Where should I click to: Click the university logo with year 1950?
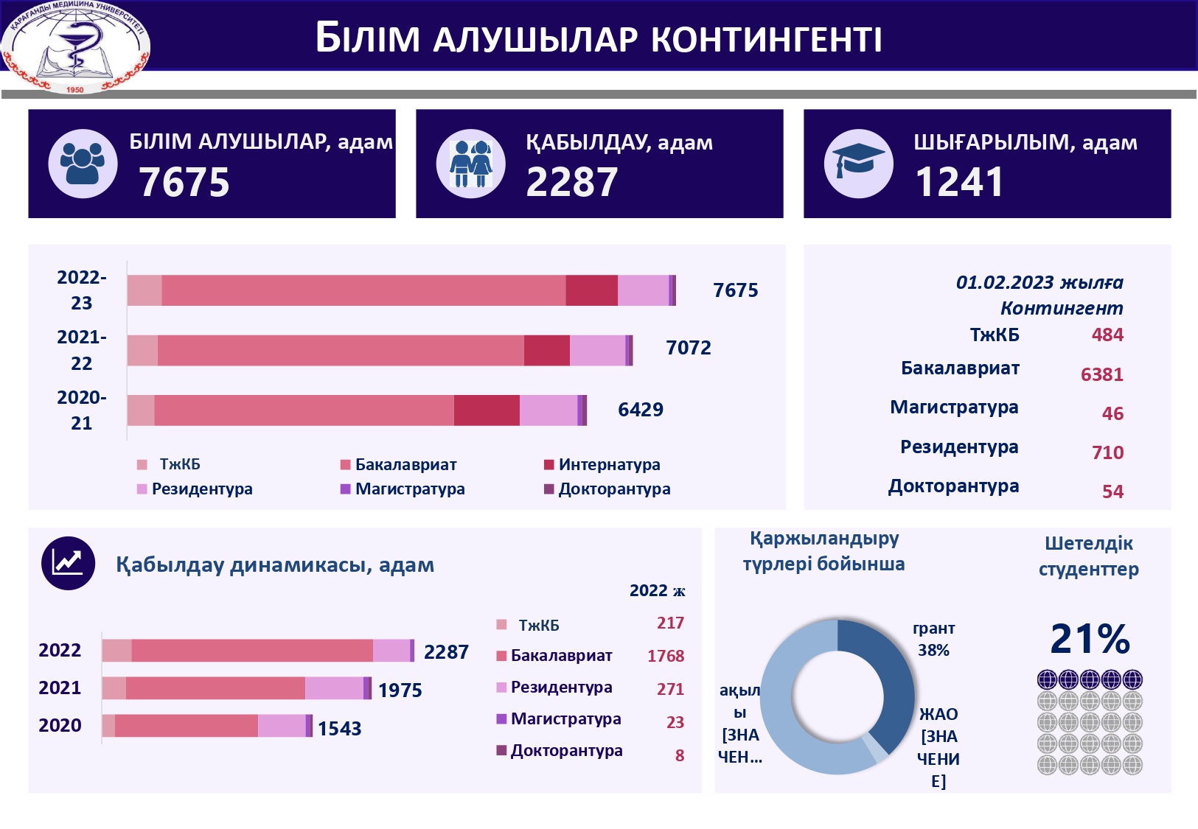click(x=75, y=46)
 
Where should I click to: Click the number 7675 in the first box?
click(x=184, y=182)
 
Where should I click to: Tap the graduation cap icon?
click(x=858, y=164)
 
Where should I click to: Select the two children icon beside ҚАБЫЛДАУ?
click(x=470, y=164)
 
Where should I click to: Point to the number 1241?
click(x=958, y=182)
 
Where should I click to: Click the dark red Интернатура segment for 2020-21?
click(x=487, y=410)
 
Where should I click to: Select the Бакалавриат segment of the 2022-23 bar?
click(x=363, y=290)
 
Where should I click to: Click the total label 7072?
click(x=688, y=348)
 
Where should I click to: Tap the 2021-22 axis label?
click(x=81, y=350)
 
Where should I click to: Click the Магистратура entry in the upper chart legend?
click(x=409, y=489)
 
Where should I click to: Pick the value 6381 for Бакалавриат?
click(x=1101, y=374)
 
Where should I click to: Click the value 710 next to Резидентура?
click(x=1107, y=452)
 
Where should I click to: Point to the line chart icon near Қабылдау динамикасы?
click(x=68, y=564)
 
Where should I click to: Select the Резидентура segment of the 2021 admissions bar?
click(x=334, y=688)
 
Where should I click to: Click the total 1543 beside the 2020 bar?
click(x=339, y=729)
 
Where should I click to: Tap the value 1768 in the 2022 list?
click(x=665, y=656)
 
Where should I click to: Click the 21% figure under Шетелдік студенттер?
click(x=1089, y=638)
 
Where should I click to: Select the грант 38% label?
click(x=933, y=639)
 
